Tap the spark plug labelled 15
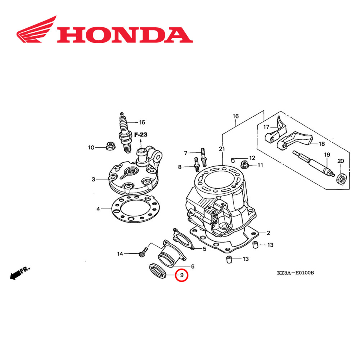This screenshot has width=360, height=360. click(x=124, y=133)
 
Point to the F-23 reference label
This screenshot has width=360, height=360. click(x=141, y=135)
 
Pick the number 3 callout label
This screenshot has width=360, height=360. click(x=93, y=179)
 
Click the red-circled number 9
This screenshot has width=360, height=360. click(x=182, y=275)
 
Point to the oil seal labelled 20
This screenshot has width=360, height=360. click(x=341, y=178)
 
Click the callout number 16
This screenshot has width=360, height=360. click(x=236, y=116)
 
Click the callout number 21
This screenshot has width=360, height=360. click(x=221, y=149)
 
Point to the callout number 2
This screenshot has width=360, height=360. click(x=268, y=233)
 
